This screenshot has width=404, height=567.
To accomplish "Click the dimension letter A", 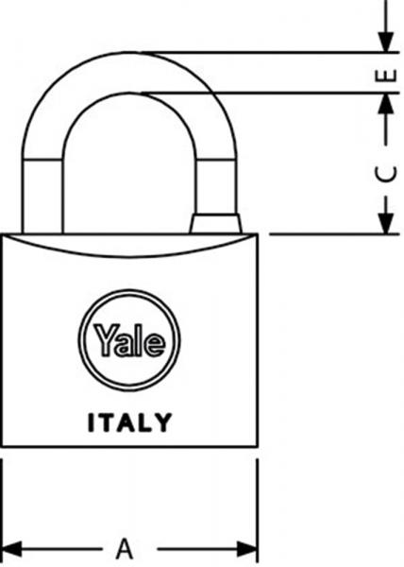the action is [125, 549].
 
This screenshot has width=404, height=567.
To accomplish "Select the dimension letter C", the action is [385, 175].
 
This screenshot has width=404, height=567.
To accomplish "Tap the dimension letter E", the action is [386, 76].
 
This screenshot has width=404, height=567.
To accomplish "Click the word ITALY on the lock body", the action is [129, 422].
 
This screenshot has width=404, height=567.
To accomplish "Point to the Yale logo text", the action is [129, 340].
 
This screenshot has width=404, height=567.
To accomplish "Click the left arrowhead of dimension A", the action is [10, 549].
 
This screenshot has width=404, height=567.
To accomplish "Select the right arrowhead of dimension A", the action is [247, 549].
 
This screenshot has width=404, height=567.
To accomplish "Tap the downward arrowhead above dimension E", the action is [385, 42].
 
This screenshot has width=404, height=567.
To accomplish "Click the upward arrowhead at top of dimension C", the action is [385, 104].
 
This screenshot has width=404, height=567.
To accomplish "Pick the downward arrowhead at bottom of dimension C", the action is [385, 223].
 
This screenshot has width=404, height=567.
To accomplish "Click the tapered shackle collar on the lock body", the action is [215, 224].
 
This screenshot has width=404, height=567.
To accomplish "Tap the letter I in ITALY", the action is [91, 422].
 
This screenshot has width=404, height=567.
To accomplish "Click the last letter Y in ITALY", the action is [164, 422].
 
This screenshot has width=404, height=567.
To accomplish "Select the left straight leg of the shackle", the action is [42, 197].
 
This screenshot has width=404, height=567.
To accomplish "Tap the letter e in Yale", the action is [155, 344].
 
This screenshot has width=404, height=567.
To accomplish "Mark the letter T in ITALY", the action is [108, 422].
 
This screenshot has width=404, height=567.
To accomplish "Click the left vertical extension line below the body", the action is [2, 510].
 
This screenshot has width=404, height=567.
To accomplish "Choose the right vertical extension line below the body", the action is [257, 510].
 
